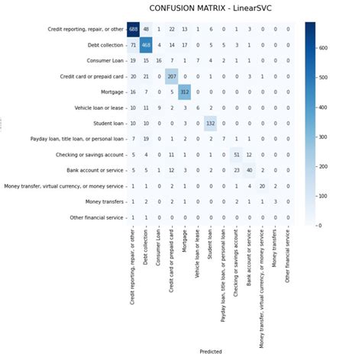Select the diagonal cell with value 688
(134, 30)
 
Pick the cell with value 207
(171, 77)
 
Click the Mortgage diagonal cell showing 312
(184, 92)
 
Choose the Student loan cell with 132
(210, 124)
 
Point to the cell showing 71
(134, 45)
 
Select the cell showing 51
(236, 155)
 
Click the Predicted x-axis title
(211, 352)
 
